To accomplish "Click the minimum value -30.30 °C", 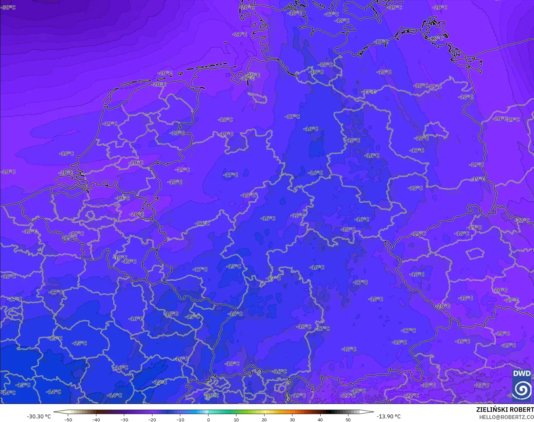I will pyautogui.click(x=39, y=416).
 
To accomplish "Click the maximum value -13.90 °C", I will pyautogui.click(x=388, y=416).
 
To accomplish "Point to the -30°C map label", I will pyautogui.click(x=8, y=7).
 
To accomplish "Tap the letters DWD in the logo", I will pyautogui.click(x=522, y=373).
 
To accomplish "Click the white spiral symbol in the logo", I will pyautogui.click(x=522, y=389).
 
